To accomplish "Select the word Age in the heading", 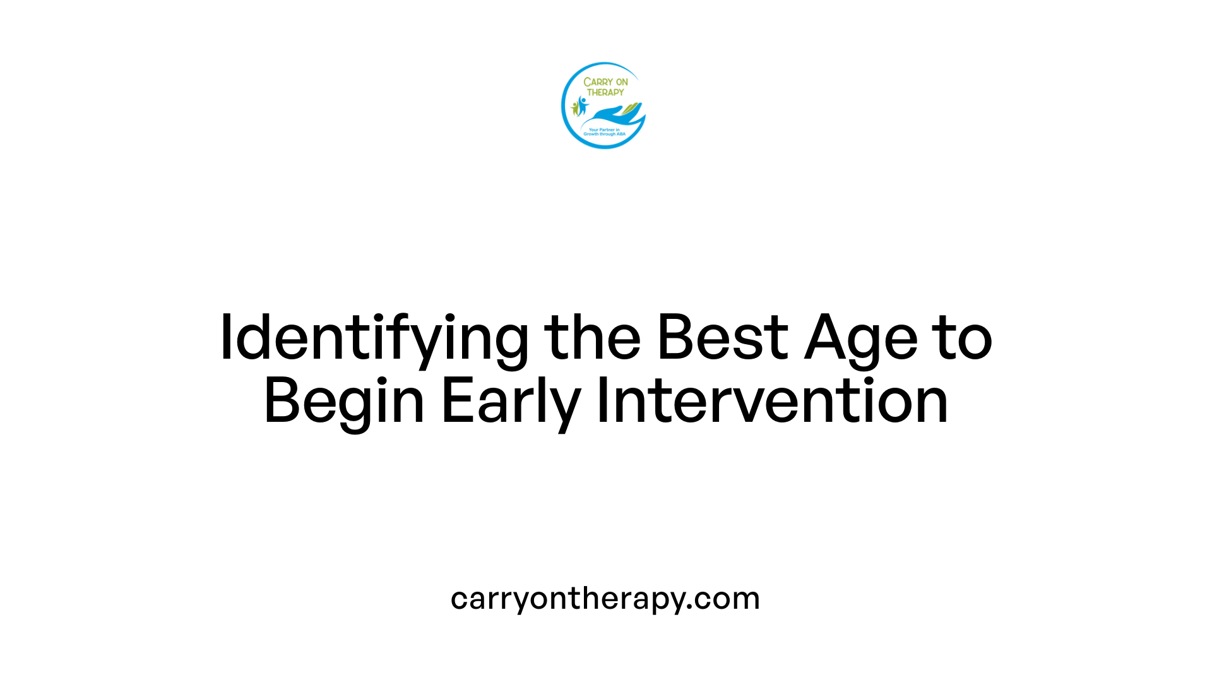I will (x=861, y=339).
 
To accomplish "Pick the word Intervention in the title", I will (x=772, y=400).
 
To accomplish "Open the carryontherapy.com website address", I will (x=605, y=599).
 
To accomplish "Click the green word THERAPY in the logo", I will (x=605, y=92).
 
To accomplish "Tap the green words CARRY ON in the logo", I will (x=605, y=82).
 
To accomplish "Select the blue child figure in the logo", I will (x=582, y=105).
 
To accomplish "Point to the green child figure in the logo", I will (x=574, y=108).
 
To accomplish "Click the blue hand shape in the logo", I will (x=609, y=116).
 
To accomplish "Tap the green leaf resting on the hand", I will (x=631, y=110).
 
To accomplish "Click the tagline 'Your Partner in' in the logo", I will (x=604, y=129).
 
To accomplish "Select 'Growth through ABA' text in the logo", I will (x=604, y=135).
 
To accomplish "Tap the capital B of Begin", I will (x=280, y=400).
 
